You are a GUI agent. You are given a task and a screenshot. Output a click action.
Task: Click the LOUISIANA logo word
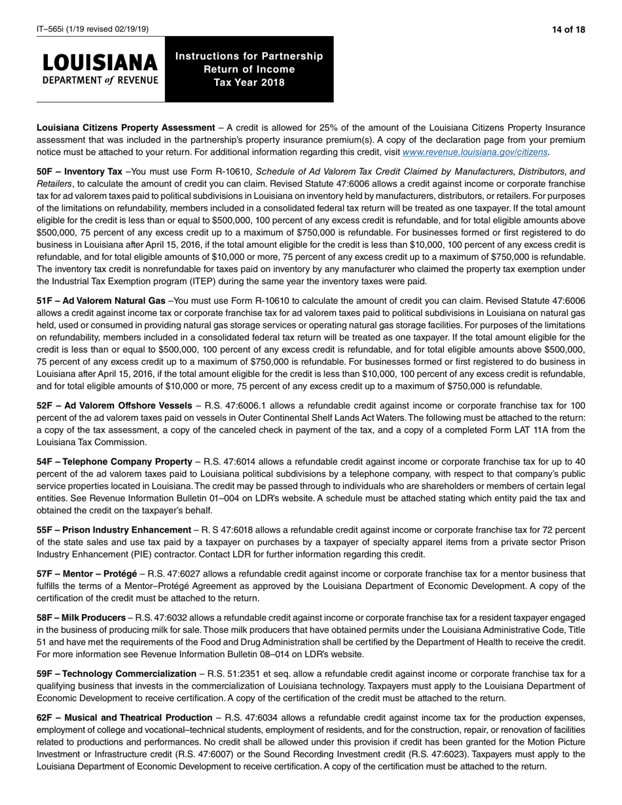[x=100, y=63]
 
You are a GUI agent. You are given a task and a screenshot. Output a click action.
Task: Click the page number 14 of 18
[x=568, y=29]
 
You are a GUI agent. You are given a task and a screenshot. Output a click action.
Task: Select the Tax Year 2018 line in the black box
[x=249, y=82]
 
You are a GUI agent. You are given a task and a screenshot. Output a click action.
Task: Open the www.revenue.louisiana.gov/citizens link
[x=476, y=152]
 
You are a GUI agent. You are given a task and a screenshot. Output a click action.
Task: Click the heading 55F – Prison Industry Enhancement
[x=113, y=530]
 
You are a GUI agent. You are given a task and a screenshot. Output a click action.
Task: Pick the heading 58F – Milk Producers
[x=81, y=618]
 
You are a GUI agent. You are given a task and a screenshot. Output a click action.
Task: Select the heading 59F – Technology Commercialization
[x=116, y=674]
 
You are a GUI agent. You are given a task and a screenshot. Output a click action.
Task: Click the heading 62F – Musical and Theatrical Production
[x=124, y=718]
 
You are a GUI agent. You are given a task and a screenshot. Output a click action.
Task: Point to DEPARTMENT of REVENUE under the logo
[x=100, y=80]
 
